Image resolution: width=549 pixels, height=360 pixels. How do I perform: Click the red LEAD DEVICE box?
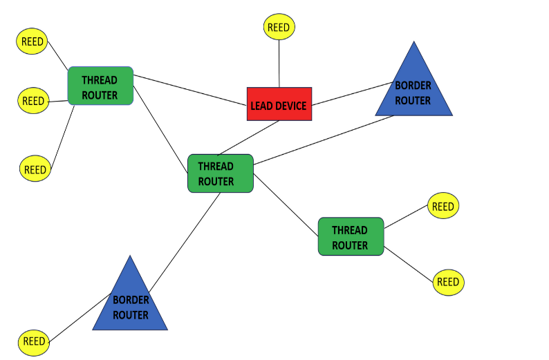[x=279, y=104]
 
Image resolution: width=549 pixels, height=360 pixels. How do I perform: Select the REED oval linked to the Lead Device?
[x=279, y=27]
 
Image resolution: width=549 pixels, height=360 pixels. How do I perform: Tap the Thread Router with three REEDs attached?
[x=100, y=86]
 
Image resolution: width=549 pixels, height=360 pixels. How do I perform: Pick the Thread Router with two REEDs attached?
[x=351, y=236]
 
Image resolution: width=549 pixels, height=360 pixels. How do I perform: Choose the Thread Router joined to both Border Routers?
[x=220, y=173]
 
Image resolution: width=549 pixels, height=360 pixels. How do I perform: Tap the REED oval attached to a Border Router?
[x=34, y=341]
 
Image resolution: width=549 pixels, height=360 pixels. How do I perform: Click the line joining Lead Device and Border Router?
[x=353, y=93]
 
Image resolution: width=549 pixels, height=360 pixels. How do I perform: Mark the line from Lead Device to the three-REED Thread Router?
[x=190, y=91]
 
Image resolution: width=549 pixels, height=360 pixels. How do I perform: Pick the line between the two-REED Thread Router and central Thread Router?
[x=286, y=205]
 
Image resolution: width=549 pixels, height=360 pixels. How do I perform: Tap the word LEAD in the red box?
[x=263, y=106]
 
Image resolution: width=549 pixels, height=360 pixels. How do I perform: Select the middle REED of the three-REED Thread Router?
[x=33, y=101]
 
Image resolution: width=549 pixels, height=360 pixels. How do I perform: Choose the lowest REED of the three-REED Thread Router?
[x=35, y=169]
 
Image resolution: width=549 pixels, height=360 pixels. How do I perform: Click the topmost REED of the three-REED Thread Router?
[x=32, y=41]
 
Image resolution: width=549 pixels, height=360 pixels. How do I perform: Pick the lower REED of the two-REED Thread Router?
[x=448, y=282]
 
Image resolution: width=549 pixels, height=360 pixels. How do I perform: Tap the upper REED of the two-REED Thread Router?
[x=443, y=207]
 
